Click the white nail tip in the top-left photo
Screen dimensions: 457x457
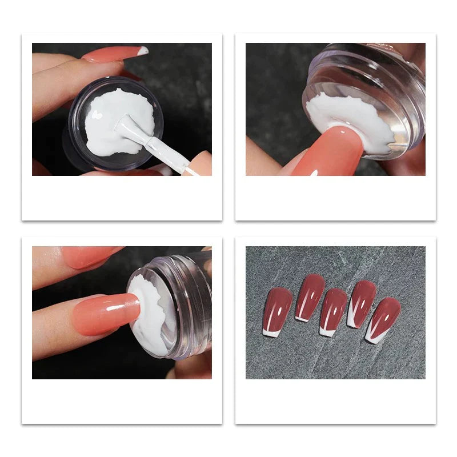tap(143, 50)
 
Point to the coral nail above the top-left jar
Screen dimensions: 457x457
tap(111, 54)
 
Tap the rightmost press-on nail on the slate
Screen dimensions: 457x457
tap(384, 318)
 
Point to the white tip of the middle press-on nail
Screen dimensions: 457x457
tap(327, 331)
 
